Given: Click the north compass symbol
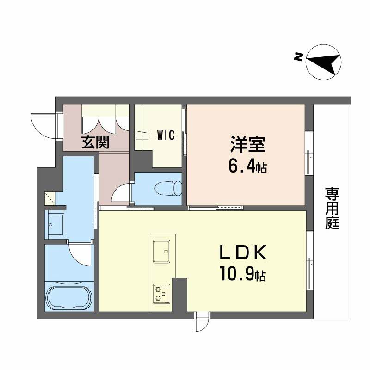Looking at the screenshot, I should point(324,61).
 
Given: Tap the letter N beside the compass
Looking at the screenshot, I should point(299,57).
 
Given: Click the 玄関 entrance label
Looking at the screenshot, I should point(96,142).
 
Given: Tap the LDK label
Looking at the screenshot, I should point(242,253).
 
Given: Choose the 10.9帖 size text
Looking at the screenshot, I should point(242,276).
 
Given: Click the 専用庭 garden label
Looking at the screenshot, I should point(332,208).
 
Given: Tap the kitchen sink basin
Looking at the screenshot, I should point(162,250).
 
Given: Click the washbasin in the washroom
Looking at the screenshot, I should point(56,224).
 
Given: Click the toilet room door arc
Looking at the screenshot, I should point(121,193).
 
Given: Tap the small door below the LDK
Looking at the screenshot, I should point(202,323).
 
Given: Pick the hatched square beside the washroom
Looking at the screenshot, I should point(50,198).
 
